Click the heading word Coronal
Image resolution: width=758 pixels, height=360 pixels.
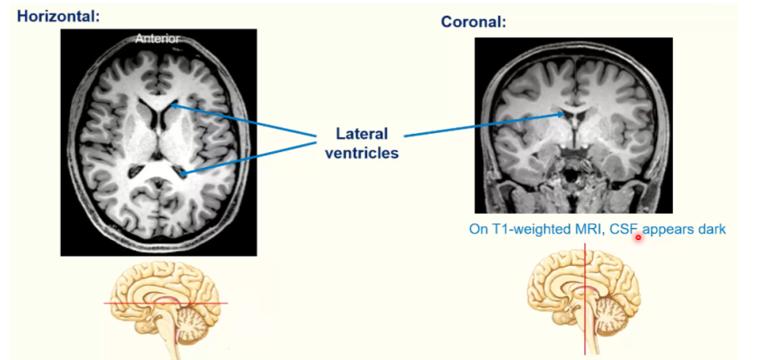[x=473, y=22]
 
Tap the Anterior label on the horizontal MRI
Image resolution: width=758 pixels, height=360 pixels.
[x=156, y=38]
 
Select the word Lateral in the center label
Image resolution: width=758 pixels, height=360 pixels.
[x=362, y=135]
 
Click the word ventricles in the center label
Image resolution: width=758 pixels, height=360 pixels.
[x=362, y=153]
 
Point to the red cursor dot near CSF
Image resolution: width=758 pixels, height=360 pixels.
[x=638, y=237]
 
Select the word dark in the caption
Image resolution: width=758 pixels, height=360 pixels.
[x=709, y=230]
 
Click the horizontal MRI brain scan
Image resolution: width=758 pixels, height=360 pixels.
[x=158, y=142]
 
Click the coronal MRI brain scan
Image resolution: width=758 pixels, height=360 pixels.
[x=572, y=124]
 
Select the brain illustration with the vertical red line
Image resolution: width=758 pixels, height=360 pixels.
[x=583, y=300]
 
